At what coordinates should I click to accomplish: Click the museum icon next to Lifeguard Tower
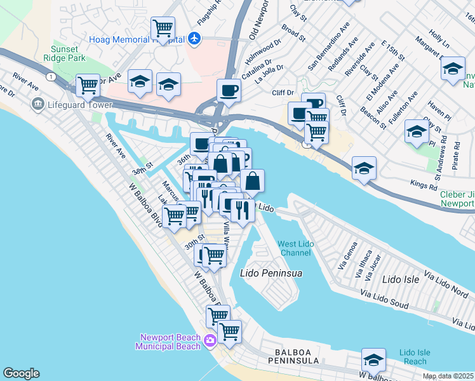point(37,103)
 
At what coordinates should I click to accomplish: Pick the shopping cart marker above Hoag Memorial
point(163,29)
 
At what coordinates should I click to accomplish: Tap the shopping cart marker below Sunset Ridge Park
point(88,84)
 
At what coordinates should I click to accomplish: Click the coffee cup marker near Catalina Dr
point(229,90)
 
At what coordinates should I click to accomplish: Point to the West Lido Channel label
point(295,249)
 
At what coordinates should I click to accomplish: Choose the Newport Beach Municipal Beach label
point(168,342)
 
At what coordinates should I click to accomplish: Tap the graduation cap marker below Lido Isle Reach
point(373,359)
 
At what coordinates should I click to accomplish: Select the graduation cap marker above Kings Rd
point(365,168)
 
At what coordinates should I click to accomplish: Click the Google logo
point(21,373)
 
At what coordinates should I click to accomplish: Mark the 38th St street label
point(142,168)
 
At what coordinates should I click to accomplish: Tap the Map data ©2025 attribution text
point(448,376)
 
